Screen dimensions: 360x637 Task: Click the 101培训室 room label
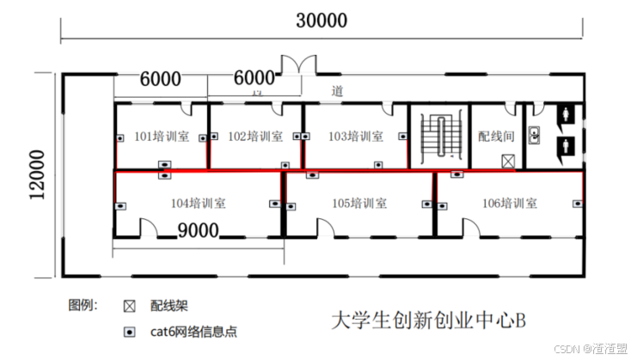(162, 136)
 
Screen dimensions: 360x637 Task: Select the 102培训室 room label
(254, 136)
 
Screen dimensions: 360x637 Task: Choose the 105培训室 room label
(358, 204)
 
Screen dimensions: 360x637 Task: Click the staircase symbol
(439, 137)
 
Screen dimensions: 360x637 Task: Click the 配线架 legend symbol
(129, 306)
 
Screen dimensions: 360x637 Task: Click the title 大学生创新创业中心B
(427, 320)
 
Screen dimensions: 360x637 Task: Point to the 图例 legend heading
(83, 305)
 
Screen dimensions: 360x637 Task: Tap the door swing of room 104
(148, 228)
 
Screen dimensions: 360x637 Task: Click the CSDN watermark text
(591, 348)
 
